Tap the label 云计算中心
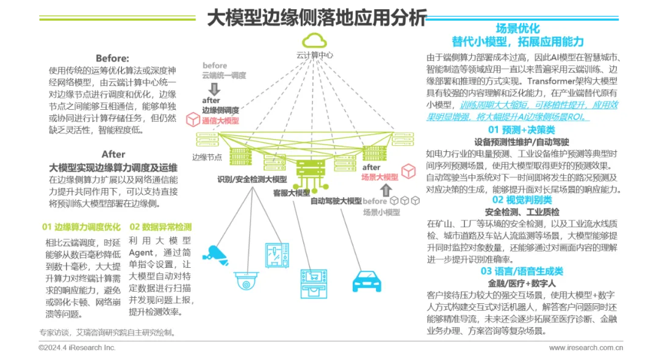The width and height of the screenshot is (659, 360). point(315,56)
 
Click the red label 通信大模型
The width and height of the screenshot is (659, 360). point(220,121)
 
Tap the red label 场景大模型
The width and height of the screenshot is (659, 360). point(380,177)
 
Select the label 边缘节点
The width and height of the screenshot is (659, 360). point(207,157)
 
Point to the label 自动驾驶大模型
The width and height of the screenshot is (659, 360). point(336,201)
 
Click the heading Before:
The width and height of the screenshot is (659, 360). point(112,59)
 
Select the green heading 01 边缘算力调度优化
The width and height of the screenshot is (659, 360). point(81,227)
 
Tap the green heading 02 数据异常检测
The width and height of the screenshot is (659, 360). point(160,227)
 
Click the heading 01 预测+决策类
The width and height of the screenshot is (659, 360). point(521,130)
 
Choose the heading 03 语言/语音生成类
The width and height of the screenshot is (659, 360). point(521,271)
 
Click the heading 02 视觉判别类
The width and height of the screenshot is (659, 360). point(521,200)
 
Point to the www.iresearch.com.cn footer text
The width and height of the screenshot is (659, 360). point(586,348)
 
